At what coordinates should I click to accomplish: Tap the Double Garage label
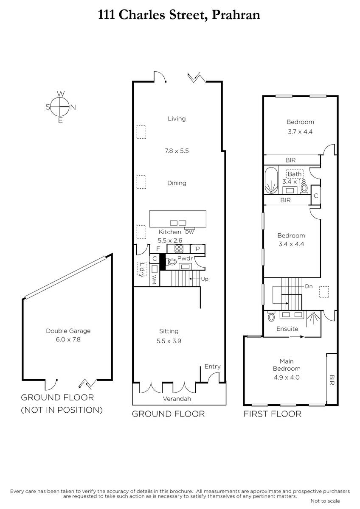68,331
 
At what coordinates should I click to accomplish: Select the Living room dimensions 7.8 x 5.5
177,151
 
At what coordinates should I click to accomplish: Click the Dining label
177,183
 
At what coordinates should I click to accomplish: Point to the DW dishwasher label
189,232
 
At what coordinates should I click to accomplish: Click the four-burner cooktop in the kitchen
179,249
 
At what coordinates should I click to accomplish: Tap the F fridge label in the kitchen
158,249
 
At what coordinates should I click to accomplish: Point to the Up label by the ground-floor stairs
205,279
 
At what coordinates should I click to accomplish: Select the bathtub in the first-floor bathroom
271,180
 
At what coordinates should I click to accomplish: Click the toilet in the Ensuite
271,316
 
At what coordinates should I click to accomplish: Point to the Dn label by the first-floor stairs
309,286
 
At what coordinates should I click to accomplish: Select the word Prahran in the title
236,15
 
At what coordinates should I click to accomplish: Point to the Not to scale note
325,501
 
